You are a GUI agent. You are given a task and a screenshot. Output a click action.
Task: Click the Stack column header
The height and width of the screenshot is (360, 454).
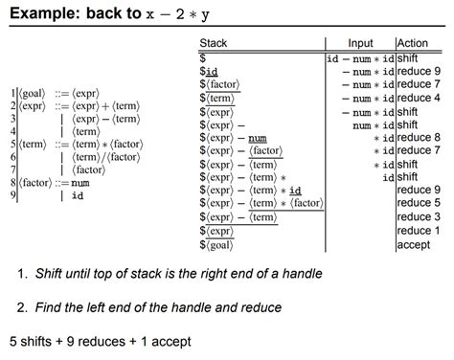213,44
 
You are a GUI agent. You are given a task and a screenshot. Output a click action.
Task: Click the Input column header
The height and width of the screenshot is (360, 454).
360,44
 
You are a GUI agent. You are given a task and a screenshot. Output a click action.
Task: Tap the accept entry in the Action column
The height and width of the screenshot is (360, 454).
413,244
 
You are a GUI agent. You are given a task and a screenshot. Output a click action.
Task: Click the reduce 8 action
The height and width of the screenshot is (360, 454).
419,137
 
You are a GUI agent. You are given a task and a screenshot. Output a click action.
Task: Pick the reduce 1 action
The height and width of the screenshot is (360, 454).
419,231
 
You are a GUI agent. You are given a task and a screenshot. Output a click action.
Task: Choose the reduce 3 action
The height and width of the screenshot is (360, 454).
419,217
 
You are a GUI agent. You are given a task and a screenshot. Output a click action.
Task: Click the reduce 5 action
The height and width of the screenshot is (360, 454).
419,204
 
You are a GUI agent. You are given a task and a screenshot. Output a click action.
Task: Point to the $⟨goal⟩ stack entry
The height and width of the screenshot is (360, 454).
220,245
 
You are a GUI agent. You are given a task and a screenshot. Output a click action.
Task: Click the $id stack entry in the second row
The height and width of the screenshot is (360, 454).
210,72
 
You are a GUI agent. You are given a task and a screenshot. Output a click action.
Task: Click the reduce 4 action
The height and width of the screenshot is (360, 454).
419,98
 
